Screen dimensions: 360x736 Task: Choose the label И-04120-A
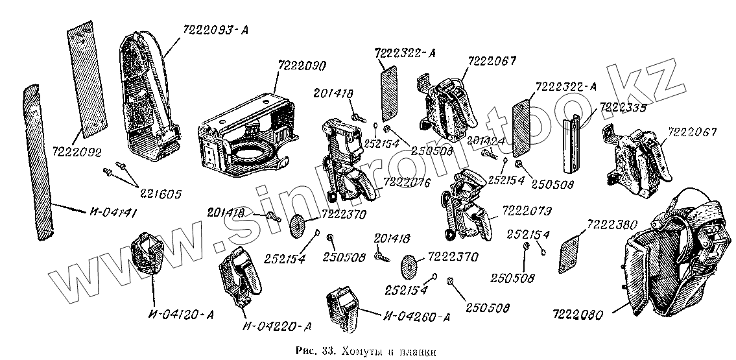click(x=182, y=316)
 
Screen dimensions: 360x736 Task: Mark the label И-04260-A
click(x=416, y=317)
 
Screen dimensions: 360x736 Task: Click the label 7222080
click(x=578, y=316)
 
